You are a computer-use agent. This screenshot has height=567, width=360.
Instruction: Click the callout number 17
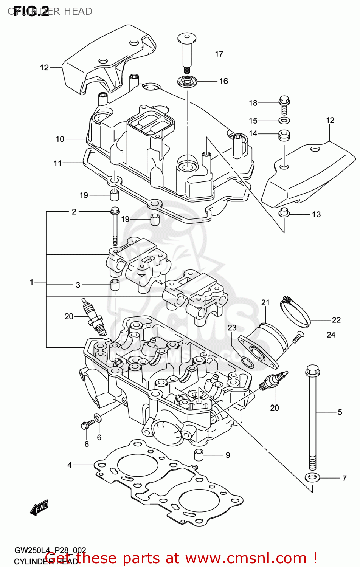[x=219, y=54]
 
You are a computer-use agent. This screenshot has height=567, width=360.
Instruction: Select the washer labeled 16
[x=187, y=81]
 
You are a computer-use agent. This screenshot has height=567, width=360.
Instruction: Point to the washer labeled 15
[x=284, y=121]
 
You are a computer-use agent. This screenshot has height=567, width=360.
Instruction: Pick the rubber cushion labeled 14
[x=284, y=135]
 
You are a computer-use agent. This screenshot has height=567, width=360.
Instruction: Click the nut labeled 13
[x=284, y=213]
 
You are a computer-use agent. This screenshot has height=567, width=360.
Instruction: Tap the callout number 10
[x=60, y=139]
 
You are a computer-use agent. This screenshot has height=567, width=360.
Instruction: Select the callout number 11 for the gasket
[x=57, y=163]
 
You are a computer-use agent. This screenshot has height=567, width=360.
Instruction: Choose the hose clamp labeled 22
[x=295, y=312]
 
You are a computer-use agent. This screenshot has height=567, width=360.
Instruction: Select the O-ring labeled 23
[x=247, y=362]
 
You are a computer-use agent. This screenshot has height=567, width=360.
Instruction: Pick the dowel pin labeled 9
[x=199, y=455]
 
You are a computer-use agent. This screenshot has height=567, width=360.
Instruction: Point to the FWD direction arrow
[x=39, y=507]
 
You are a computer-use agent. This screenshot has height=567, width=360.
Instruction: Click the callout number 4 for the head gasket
[x=70, y=465]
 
